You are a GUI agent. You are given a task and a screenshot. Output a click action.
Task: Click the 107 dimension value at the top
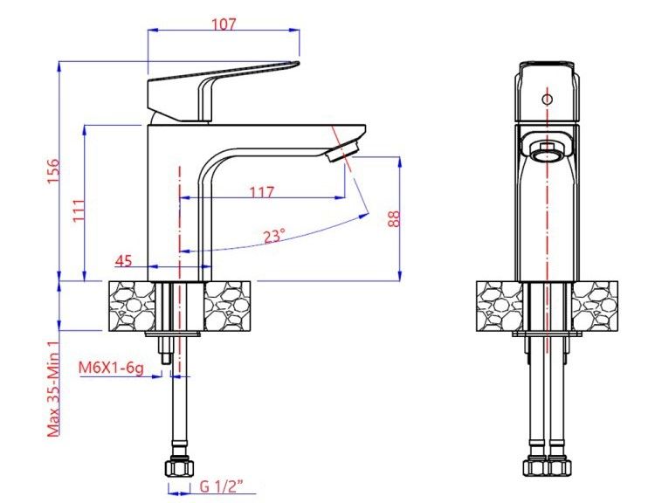click(x=224, y=24)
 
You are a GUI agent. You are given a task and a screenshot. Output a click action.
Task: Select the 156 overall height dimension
click(x=52, y=171)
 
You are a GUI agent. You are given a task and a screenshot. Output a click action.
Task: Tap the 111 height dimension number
click(x=79, y=210)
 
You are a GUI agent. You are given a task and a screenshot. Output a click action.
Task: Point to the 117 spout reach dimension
click(x=261, y=192)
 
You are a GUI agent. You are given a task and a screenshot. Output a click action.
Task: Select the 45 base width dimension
click(x=123, y=260)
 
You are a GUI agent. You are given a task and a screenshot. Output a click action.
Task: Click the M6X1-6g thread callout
click(x=111, y=367)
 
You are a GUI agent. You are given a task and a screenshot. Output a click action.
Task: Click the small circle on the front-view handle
click(x=548, y=99)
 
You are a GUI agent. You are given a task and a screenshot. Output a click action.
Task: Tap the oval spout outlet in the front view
click(x=548, y=150)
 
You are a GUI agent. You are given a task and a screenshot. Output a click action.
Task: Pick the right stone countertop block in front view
click(x=594, y=306)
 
